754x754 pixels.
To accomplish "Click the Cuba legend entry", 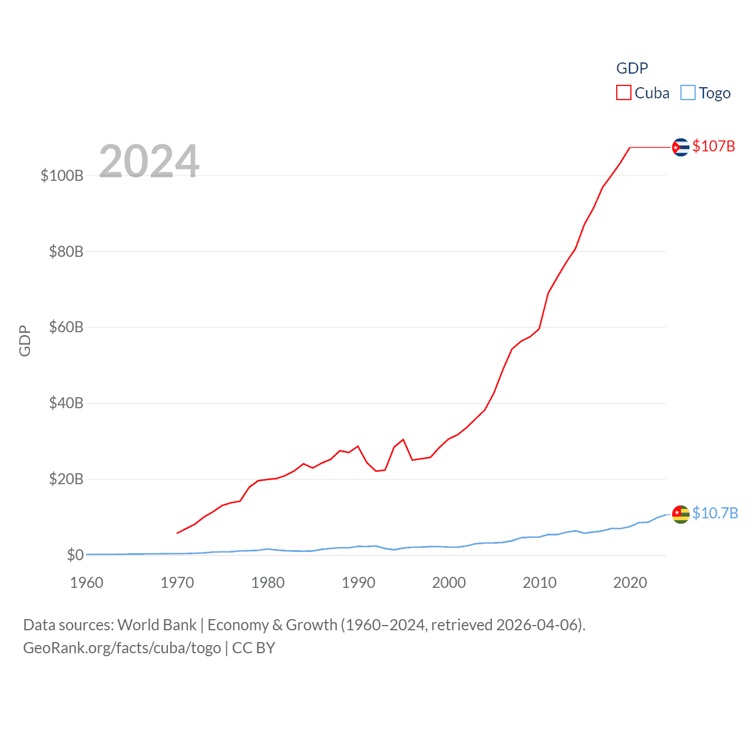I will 643,93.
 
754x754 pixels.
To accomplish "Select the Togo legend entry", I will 706,93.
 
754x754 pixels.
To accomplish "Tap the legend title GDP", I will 632,68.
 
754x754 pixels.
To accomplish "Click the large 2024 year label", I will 149,161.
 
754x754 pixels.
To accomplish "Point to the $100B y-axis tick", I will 62,176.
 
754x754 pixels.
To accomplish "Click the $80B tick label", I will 66,252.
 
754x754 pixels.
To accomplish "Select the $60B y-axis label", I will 66,327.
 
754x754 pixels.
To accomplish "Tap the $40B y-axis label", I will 66,403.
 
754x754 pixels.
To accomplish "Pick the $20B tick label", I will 66,479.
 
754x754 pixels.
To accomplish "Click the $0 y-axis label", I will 75,555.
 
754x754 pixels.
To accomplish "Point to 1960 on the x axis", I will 87,583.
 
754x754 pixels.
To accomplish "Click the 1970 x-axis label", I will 177,583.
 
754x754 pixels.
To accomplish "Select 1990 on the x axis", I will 358,583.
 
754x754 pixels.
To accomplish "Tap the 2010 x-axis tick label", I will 540,583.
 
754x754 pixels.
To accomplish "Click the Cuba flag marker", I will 680,147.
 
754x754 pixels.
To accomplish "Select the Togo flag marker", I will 680,514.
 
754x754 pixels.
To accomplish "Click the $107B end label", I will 713,146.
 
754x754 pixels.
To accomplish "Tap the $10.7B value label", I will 715,513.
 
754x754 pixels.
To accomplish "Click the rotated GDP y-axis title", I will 25,340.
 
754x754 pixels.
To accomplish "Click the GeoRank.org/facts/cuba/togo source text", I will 122,648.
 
